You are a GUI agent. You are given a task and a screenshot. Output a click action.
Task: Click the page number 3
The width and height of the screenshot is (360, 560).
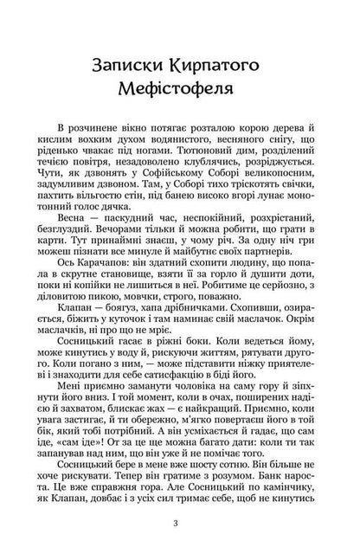(179, 522)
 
